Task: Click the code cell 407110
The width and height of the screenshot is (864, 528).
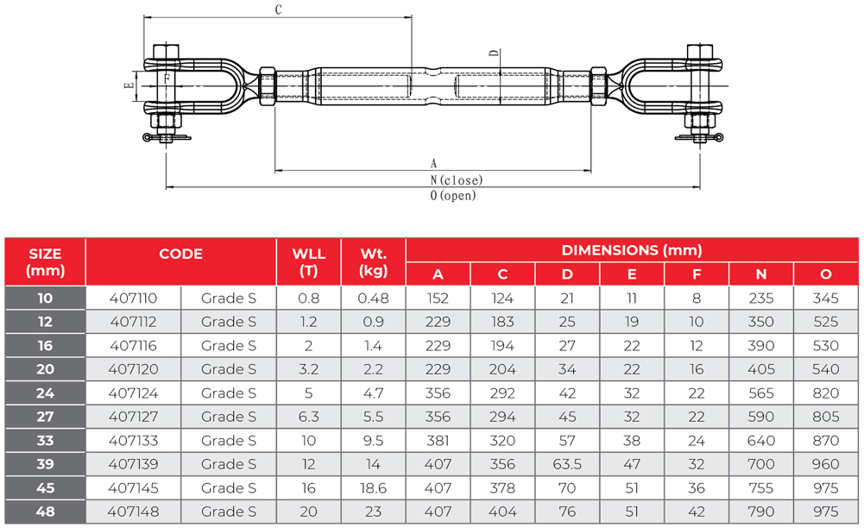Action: [133, 299]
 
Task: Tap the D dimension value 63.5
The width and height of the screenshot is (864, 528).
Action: [567, 464]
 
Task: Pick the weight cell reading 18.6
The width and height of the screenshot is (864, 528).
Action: [374, 487]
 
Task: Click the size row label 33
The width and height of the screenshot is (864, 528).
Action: [45, 441]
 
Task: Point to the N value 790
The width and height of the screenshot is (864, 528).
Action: [761, 512]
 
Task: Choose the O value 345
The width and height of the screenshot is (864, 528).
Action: [826, 299]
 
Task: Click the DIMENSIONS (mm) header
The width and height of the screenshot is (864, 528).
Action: [632, 251]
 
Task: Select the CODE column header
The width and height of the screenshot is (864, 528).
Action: [181, 255]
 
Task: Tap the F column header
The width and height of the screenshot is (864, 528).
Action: [697, 274]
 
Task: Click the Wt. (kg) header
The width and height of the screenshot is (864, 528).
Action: [374, 262]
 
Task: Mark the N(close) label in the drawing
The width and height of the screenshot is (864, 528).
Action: [457, 180]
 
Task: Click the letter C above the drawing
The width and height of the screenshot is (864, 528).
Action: [278, 10]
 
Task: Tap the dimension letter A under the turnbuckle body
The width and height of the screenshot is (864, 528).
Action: [433, 162]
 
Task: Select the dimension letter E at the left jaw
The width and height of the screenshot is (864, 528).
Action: [128, 86]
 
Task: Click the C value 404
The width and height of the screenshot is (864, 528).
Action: [502, 512]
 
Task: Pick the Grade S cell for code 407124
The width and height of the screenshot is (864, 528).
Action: [229, 393]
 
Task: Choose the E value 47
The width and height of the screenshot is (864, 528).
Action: [632, 464]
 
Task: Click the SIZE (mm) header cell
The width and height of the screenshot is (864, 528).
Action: [45, 262]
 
